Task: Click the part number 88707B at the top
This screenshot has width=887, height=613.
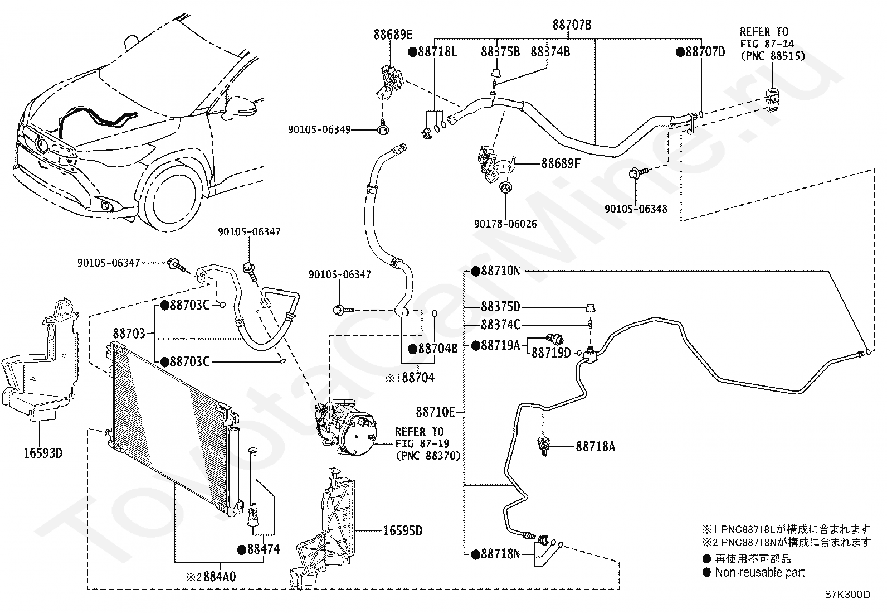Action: tap(572, 25)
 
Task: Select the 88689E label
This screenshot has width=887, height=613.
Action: tap(393, 35)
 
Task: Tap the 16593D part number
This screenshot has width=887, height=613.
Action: tap(43, 453)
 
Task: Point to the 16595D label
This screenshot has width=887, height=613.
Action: tap(402, 530)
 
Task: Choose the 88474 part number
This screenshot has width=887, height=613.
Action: tap(264, 549)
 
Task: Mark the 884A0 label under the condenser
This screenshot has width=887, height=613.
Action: tap(219, 576)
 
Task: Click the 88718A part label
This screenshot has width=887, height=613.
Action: tap(595, 446)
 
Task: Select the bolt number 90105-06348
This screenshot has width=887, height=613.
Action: tap(636, 209)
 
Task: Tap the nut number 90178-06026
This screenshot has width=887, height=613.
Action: tap(505, 224)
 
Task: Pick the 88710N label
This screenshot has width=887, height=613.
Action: tap(500, 271)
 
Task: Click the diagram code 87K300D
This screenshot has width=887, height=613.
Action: tap(847, 595)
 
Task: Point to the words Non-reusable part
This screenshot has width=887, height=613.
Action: tap(760, 572)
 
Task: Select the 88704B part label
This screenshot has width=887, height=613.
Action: tap(437, 349)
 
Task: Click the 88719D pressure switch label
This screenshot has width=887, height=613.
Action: tap(551, 353)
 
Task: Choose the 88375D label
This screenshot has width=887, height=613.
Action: tap(500, 307)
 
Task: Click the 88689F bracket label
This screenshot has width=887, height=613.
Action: tap(561, 164)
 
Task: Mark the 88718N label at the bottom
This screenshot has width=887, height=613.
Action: tap(500, 554)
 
